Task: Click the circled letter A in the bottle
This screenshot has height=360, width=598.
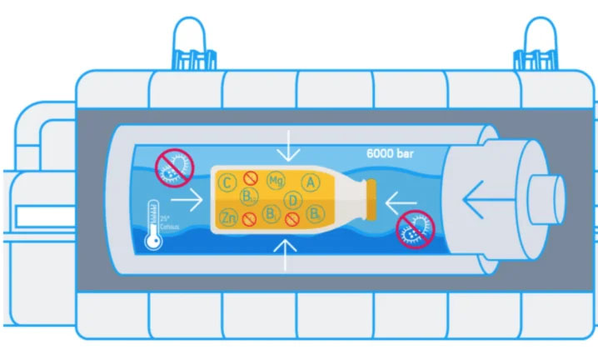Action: [x=310, y=182]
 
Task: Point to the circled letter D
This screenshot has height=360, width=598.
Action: [x=292, y=200]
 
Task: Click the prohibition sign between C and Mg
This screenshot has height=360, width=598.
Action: [x=249, y=177]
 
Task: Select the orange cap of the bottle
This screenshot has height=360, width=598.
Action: [x=371, y=199]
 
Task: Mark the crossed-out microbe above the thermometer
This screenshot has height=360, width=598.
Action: [x=174, y=166]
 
